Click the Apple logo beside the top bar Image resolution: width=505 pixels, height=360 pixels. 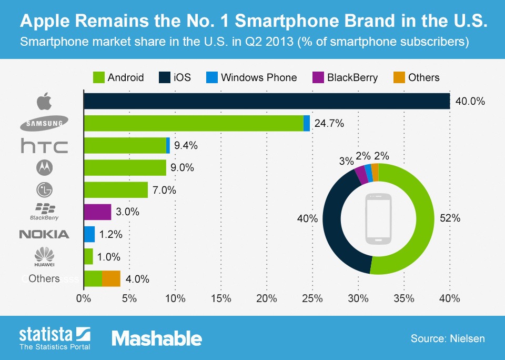point(44,101)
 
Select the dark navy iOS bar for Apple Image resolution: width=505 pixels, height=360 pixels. point(266,101)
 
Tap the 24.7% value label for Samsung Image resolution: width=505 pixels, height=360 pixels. point(329,124)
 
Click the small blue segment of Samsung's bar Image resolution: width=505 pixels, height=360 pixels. point(307,124)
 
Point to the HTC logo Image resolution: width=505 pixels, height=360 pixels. point(44,146)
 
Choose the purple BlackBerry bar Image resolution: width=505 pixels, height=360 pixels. point(97,212)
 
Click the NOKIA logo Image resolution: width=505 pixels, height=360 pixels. point(44,234)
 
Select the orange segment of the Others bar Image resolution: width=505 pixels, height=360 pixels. point(111,278)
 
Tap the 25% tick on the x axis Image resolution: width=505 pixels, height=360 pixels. point(312,299)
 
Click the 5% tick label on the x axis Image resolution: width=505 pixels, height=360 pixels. point(129,299)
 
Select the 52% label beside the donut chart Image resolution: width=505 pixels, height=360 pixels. point(450,218)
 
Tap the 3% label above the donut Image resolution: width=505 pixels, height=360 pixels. point(346,162)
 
